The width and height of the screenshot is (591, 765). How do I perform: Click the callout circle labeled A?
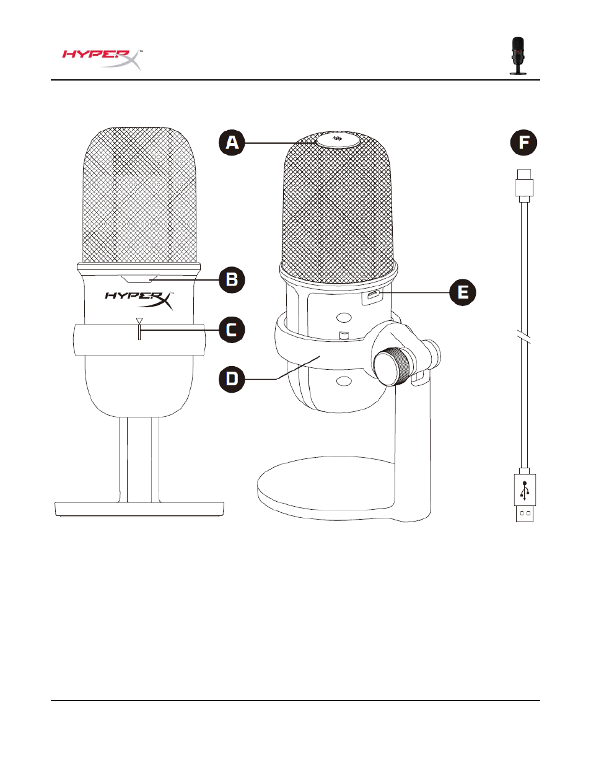[x=232, y=142]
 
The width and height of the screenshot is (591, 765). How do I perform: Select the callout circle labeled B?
[x=232, y=279]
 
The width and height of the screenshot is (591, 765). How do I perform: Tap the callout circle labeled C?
[x=232, y=330]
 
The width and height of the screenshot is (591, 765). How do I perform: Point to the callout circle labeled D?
[x=232, y=379]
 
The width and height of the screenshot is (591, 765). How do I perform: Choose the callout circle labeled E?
[x=463, y=292]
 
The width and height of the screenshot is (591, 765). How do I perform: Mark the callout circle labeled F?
[x=523, y=142]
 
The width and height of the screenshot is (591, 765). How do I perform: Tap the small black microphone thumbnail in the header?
[x=518, y=56]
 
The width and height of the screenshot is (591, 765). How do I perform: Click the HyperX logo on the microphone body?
[x=139, y=300]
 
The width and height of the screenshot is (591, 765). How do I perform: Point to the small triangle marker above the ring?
[x=139, y=321]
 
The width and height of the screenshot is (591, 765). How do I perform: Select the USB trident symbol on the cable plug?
[x=525, y=491]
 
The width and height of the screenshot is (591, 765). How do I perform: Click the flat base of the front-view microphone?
[x=139, y=509]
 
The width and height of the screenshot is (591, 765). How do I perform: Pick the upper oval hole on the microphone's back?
[x=344, y=318]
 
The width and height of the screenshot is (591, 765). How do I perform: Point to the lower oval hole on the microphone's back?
[x=344, y=381]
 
